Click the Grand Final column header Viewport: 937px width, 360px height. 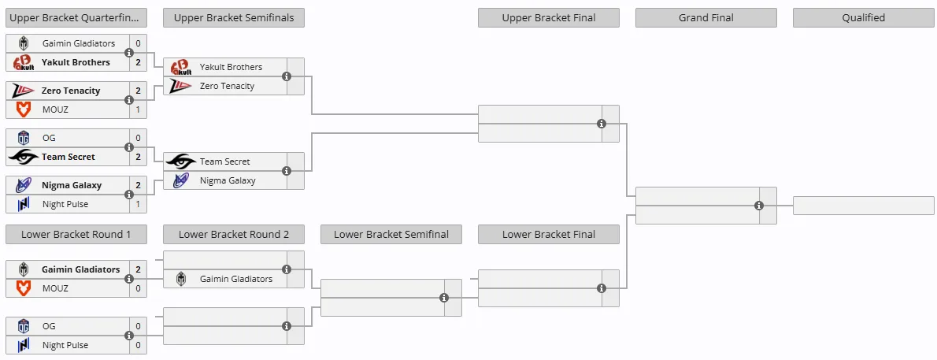706,18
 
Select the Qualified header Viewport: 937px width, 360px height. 864,18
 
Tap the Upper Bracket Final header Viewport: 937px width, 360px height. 549,18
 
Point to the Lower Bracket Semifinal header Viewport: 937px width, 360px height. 391,235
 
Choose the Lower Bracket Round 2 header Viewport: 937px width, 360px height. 234,235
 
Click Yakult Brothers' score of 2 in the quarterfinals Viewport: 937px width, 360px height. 138,62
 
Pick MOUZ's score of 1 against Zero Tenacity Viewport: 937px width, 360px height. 138,109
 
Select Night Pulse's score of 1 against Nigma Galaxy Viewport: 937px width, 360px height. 138,204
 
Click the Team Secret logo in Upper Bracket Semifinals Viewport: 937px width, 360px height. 181,161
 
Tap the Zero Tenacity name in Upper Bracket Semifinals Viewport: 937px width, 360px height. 227,86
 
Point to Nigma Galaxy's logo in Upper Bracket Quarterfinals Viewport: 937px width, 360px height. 24,185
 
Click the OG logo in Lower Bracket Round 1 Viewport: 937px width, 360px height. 24,326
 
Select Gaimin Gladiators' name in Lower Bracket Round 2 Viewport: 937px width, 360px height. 236,279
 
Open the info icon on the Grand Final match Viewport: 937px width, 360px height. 759,206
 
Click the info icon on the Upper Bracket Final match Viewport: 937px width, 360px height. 601,124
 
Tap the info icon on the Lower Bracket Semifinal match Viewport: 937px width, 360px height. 444,298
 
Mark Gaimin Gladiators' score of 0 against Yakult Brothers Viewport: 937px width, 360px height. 138,43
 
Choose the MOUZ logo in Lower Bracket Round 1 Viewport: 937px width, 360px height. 24,288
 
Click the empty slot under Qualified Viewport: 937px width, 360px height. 864,206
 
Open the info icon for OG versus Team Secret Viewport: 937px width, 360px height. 128,147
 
